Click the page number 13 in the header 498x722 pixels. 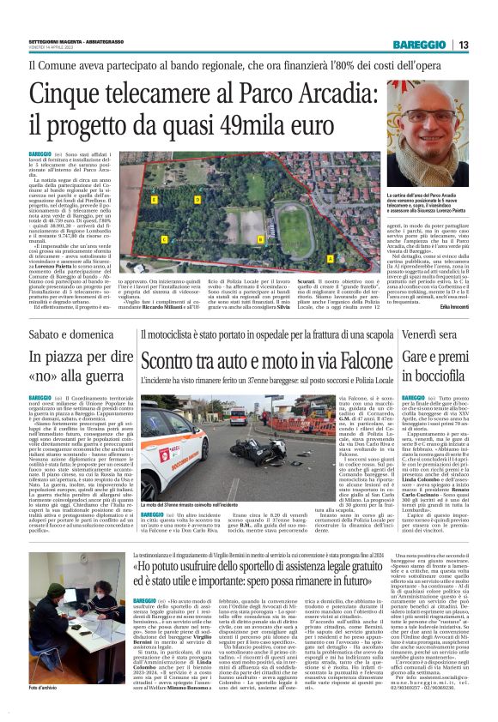tap(464, 45)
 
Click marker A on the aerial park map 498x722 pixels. tap(329, 257)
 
